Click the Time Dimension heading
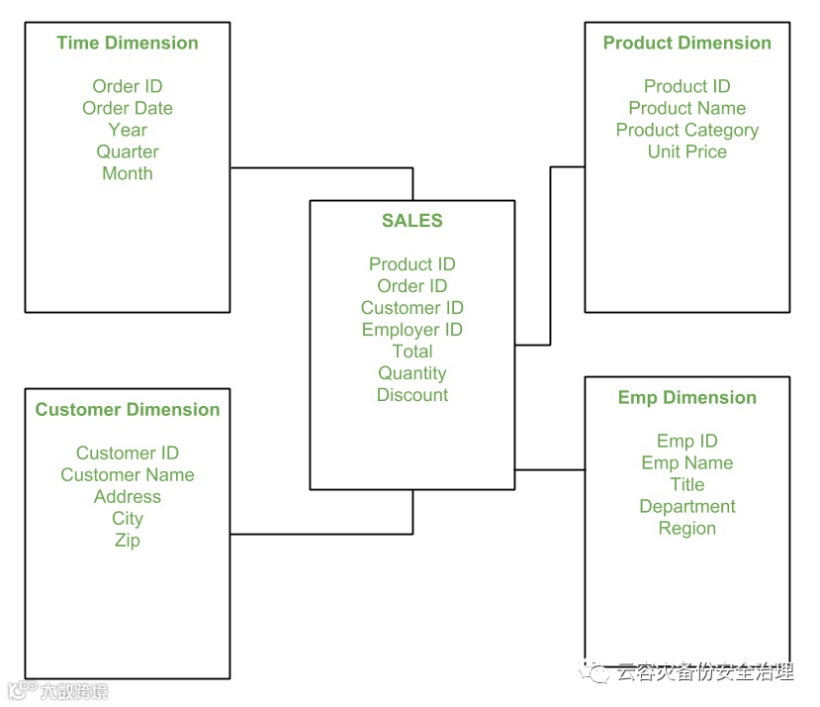(128, 43)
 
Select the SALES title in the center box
(412, 221)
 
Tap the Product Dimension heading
(686, 43)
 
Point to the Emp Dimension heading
(686, 398)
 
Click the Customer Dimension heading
(128, 410)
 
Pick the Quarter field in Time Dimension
(128, 151)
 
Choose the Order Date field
(128, 108)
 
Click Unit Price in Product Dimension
(686, 151)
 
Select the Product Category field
(686, 130)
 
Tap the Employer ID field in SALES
(412, 330)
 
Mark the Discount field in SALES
(412, 395)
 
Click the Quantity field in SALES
(412, 373)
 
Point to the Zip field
(128, 541)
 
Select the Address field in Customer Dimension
(128, 497)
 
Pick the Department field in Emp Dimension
(686, 507)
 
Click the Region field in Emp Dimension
(686, 529)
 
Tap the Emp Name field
(686, 463)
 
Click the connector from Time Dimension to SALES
(321, 168)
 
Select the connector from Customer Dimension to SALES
(321, 535)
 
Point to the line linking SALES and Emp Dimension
(550, 469)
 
